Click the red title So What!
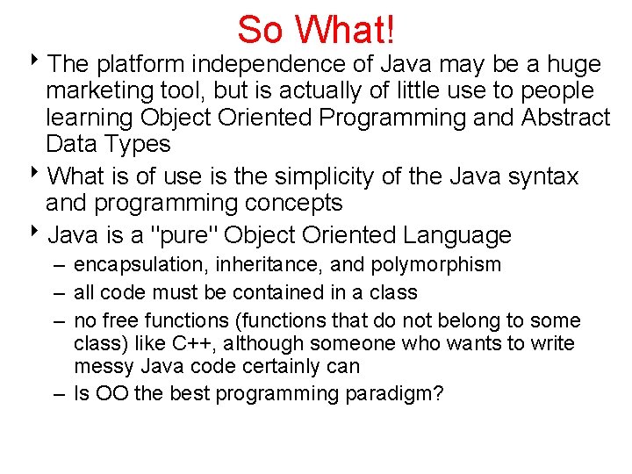(316, 29)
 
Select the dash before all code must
(58, 292)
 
